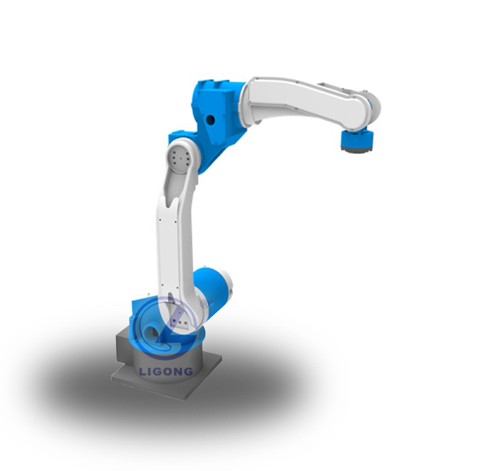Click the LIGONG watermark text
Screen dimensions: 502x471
(x=166, y=371)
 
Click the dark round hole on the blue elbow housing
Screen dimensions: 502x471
(x=210, y=120)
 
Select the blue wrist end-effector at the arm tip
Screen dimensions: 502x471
(x=356, y=139)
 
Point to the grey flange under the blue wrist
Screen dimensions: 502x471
(x=356, y=150)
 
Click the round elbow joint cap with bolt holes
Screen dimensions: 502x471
(x=179, y=158)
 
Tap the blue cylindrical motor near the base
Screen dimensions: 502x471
(x=213, y=292)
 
